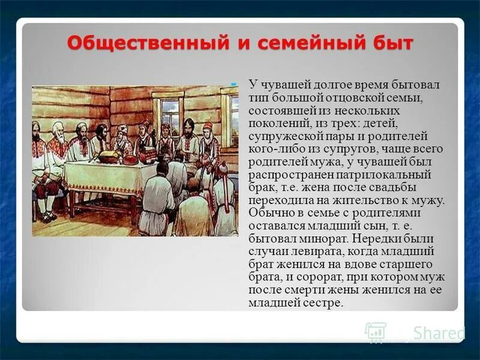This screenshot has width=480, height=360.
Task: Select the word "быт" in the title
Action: pyautogui.click(x=391, y=44)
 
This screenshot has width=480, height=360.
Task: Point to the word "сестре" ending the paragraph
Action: pyautogui.click(x=325, y=304)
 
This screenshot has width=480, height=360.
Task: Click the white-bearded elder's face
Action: pyautogui.click(x=58, y=130)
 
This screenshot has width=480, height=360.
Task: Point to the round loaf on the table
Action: pyautogui.click(x=108, y=157)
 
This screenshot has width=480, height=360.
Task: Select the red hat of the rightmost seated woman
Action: pyautogui.click(x=207, y=126)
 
